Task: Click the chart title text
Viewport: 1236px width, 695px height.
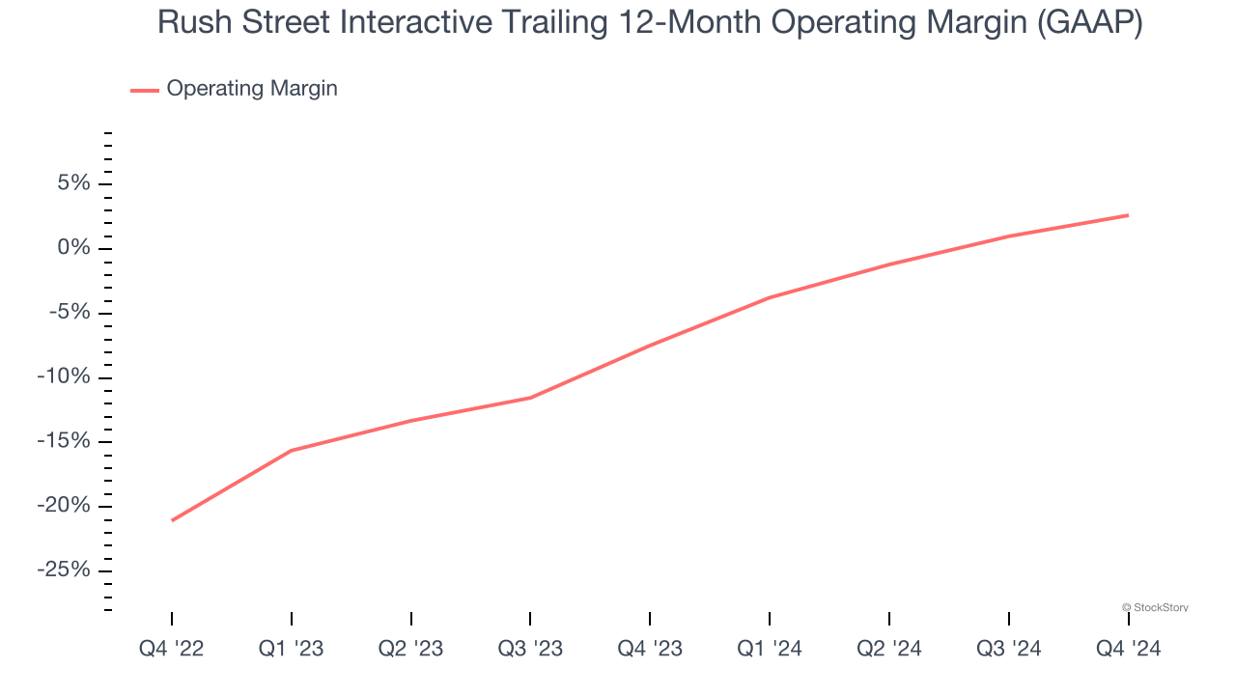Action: pos(649,23)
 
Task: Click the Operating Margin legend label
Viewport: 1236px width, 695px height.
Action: pos(251,89)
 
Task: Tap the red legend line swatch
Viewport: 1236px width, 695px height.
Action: pos(145,90)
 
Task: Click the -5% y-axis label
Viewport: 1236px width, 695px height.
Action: pos(67,313)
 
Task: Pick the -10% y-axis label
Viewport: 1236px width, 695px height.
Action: pos(63,376)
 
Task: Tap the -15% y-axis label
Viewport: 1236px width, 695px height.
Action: pos(63,441)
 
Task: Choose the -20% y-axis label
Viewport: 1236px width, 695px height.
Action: pos(63,506)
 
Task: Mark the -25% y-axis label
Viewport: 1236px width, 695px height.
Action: pos(63,570)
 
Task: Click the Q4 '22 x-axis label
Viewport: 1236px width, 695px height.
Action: pos(172,649)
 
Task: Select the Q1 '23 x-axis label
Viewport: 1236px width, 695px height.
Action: pos(292,649)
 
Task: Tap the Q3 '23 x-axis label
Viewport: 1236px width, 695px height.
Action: pos(530,649)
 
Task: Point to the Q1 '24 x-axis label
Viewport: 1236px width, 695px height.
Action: pos(770,649)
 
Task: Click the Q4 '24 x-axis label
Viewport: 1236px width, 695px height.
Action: pos(1128,649)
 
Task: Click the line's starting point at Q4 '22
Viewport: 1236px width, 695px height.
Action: pos(172,520)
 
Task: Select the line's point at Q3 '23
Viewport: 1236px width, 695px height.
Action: pos(530,398)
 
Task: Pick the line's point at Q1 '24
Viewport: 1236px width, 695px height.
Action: pos(770,297)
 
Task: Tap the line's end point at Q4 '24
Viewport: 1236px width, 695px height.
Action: pos(1128,215)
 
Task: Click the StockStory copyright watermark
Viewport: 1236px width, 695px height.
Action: pos(1155,607)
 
